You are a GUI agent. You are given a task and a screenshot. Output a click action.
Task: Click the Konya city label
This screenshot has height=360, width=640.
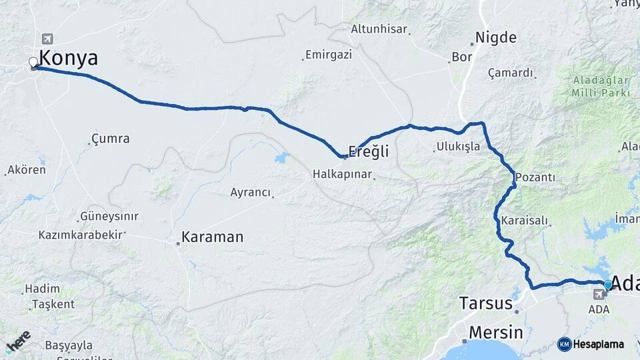tap(69, 58)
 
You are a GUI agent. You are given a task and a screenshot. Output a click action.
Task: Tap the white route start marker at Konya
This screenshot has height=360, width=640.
tap(33, 63)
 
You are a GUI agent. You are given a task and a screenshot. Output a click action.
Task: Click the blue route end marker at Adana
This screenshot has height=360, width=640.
tap(607, 285)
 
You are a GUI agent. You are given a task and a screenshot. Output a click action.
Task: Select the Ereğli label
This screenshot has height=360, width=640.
tap(368, 152)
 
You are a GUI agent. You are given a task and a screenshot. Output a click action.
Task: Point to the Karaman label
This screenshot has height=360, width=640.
tap(212, 237)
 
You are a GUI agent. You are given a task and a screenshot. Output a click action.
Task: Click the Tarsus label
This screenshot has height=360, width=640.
tap(485, 304)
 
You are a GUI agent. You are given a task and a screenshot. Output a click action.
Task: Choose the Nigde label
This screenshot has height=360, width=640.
tap(495, 37)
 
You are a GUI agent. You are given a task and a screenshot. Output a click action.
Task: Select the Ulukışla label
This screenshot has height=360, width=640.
tap(458, 146)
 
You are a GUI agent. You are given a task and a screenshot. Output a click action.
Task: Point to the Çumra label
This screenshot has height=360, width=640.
tap(110, 139)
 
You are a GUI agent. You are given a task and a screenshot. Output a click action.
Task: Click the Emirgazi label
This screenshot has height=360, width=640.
tap(328, 55)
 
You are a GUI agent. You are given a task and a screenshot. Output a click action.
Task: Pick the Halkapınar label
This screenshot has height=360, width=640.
tap(342, 175)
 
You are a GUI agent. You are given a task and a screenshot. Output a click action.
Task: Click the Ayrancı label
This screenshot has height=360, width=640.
tap(251, 193)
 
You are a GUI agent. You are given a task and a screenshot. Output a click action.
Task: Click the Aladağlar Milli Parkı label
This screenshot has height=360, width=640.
tap(600, 87)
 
